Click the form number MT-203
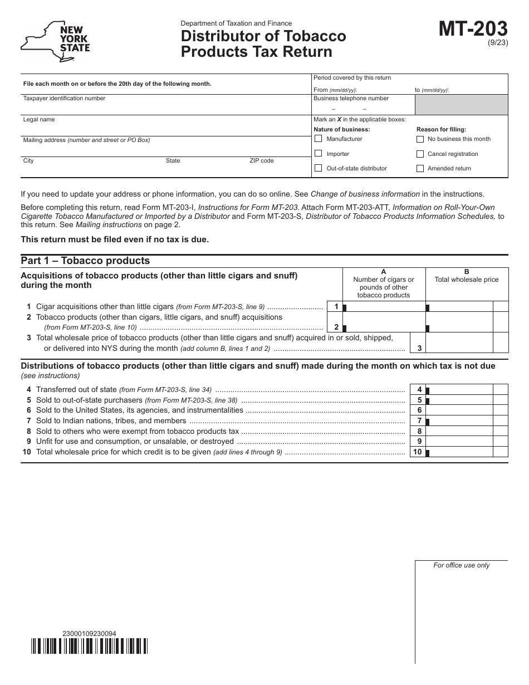tap(473, 29)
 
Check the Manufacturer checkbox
tap(319, 139)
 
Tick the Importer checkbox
tap(319, 154)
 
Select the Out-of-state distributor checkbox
tap(319, 168)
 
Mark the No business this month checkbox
tap(420, 139)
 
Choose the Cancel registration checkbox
tap(420, 154)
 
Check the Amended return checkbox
tap(420, 168)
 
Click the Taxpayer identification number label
tap(64, 99)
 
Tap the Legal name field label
tap(39, 120)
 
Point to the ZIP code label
tap(262, 161)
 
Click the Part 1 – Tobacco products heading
tap(85, 261)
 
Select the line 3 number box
tap(418, 348)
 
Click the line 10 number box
tap(418, 452)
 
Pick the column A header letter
tap(384, 272)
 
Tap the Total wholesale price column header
tap(467, 280)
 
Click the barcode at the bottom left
tap(89, 645)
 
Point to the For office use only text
tap(462, 565)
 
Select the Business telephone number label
tap(351, 99)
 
